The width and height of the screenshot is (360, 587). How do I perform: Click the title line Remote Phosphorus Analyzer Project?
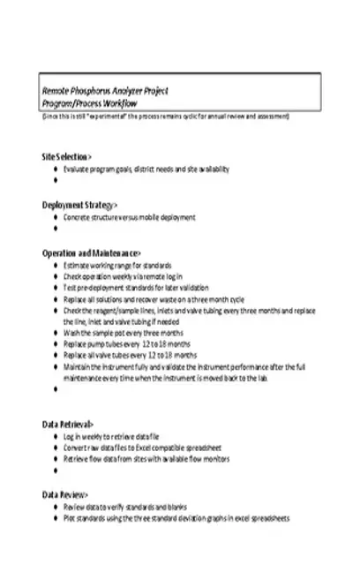pyautogui.click(x=106, y=91)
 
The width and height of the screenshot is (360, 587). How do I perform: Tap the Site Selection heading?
pyautogui.click(x=67, y=155)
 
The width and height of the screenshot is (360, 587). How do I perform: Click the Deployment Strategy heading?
pyautogui.click(x=79, y=205)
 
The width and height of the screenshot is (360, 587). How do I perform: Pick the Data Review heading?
pyautogui.click(x=64, y=493)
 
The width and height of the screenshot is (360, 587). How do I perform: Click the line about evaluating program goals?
pyautogui.click(x=146, y=167)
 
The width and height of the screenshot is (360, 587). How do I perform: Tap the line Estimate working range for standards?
pyautogui.click(x=117, y=265)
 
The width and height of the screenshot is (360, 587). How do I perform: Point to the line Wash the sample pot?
pyautogui.click(x=123, y=333)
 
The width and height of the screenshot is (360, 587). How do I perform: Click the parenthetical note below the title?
pyautogui.click(x=165, y=116)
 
